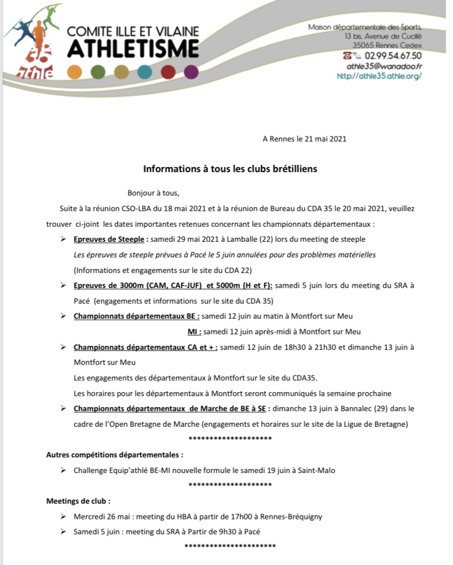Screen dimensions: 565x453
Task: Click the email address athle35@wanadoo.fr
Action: pyautogui.click(x=384, y=66)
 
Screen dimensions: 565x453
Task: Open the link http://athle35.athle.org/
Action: pyautogui.click(x=379, y=76)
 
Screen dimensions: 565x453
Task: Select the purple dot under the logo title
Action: pyautogui.click(x=191, y=72)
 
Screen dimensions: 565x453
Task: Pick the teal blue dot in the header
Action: pyautogui.click(x=144, y=72)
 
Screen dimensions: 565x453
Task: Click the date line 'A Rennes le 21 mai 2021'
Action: pyautogui.click(x=304, y=139)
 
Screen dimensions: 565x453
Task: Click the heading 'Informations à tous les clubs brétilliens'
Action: pyautogui.click(x=230, y=168)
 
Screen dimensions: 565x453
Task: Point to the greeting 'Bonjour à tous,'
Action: pyautogui.click(x=154, y=193)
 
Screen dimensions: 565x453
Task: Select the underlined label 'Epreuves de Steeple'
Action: pyautogui.click(x=109, y=239)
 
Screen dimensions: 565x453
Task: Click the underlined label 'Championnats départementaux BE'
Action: pyautogui.click(x=136, y=316)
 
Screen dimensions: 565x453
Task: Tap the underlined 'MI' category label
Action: pyautogui.click(x=193, y=332)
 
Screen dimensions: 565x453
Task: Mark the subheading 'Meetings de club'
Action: pyautogui.click(x=77, y=500)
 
